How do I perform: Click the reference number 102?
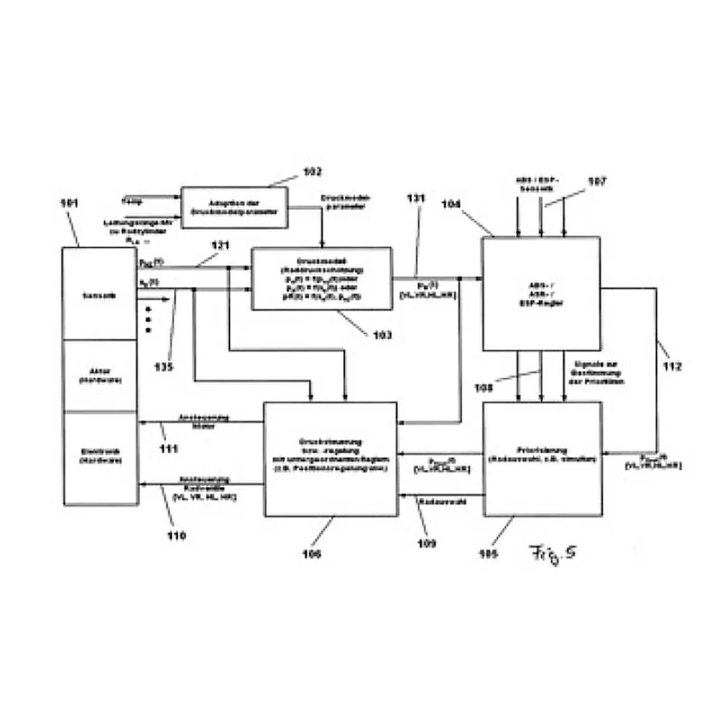[x=313, y=172]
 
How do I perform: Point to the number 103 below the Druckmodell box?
[x=383, y=335]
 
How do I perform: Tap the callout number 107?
[x=596, y=182]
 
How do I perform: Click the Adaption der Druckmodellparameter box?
[x=234, y=208]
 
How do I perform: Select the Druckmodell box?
[x=322, y=279]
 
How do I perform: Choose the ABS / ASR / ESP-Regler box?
[x=541, y=293]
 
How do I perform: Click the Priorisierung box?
[x=541, y=459]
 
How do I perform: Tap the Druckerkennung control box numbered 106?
[x=330, y=459]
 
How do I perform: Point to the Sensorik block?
[x=100, y=293]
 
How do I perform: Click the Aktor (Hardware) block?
[x=100, y=375]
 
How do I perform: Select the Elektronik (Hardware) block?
[x=100, y=457]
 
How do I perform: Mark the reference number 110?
[x=176, y=537]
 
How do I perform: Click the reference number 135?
[x=163, y=367]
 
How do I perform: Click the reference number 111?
[x=167, y=449]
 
